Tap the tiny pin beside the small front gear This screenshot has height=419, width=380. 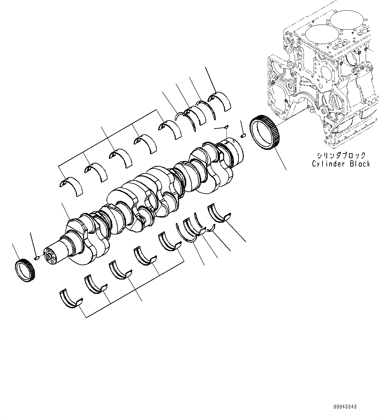tap(37, 258)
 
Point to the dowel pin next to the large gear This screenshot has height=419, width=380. tap(243, 135)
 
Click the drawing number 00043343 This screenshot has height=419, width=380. tap(345, 407)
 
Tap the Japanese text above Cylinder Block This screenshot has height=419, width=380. tap(341, 155)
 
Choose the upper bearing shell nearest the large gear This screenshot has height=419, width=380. tap(220, 102)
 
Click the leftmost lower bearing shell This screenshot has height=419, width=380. tap(70, 298)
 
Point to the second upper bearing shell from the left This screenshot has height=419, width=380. tap(96, 172)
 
